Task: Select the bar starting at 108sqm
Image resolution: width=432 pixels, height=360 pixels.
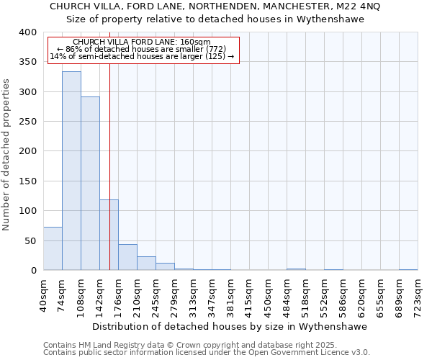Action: click(x=90, y=184)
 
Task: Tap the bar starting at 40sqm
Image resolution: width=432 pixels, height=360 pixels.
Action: click(x=53, y=248)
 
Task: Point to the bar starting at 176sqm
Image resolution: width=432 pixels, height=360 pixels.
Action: click(x=127, y=257)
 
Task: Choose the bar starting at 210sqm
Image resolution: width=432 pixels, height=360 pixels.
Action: click(x=146, y=264)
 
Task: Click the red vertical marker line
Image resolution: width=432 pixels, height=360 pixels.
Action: click(x=109, y=144)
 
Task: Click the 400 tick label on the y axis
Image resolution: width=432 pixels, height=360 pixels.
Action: click(x=27, y=32)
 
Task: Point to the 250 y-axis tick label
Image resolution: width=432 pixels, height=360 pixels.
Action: click(x=27, y=122)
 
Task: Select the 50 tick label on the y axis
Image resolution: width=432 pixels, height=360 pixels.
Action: click(x=30, y=240)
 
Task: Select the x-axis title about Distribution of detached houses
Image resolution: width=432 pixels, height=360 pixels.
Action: click(x=230, y=326)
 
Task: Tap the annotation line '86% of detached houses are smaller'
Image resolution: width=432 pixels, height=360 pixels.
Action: click(x=141, y=49)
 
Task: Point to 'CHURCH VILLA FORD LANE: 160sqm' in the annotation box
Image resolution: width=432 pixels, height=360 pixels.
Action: click(x=141, y=42)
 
